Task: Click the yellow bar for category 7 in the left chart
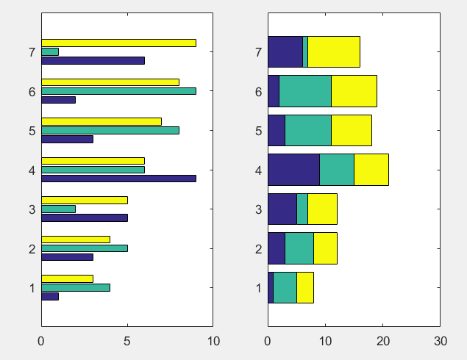(x=118, y=43)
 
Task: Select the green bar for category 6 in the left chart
(x=118, y=91)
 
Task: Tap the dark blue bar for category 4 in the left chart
(x=118, y=178)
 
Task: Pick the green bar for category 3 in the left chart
(x=58, y=209)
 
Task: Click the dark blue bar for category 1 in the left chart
(x=50, y=296)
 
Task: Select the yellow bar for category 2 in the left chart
(x=75, y=240)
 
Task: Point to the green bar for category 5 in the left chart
(x=110, y=130)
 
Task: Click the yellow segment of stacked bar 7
(x=334, y=51)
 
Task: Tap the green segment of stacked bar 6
(x=305, y=91)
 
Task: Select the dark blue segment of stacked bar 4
(x=293, y=170)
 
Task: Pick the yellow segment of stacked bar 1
(x=305, y=288)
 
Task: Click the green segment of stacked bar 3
(x=302, y=209)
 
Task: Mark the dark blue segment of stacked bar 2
(x=277, y=248)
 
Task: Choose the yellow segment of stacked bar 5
(x=352, y=130)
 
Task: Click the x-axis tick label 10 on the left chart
(x=213, y=341)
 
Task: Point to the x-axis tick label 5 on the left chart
(x=127, y=341)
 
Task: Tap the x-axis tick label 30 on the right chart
(x=440, y=341)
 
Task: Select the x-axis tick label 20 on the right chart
(x=382, y=341)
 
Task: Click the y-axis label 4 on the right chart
(x=258, y=170)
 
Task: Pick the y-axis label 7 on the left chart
(x=32, y=52)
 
